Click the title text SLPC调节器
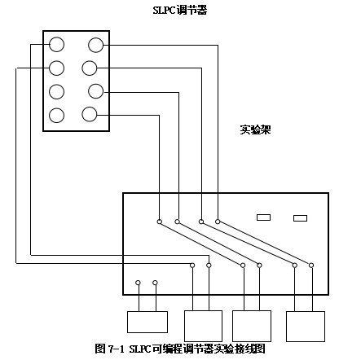point(180,11)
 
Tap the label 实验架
point(255,130)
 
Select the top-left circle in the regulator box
point(57,44)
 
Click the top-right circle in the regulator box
point(96,45)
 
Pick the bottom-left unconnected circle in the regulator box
point(57,115)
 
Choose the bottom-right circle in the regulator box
point(90,114)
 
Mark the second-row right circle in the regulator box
point(90,68)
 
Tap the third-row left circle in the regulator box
point(57,91)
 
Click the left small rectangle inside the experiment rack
point(263,217)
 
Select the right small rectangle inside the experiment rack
point(301,218)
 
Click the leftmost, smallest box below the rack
point(147,322)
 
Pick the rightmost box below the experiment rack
point(306,327)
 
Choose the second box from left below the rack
point(204,326)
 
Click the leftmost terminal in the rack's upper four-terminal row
point(160,222)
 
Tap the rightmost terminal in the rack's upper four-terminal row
point(218,222)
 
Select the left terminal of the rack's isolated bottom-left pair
point(138,283)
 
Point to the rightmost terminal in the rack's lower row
point(311,266)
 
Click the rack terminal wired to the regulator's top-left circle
point(209,266)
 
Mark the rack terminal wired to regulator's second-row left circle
point(192,266)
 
